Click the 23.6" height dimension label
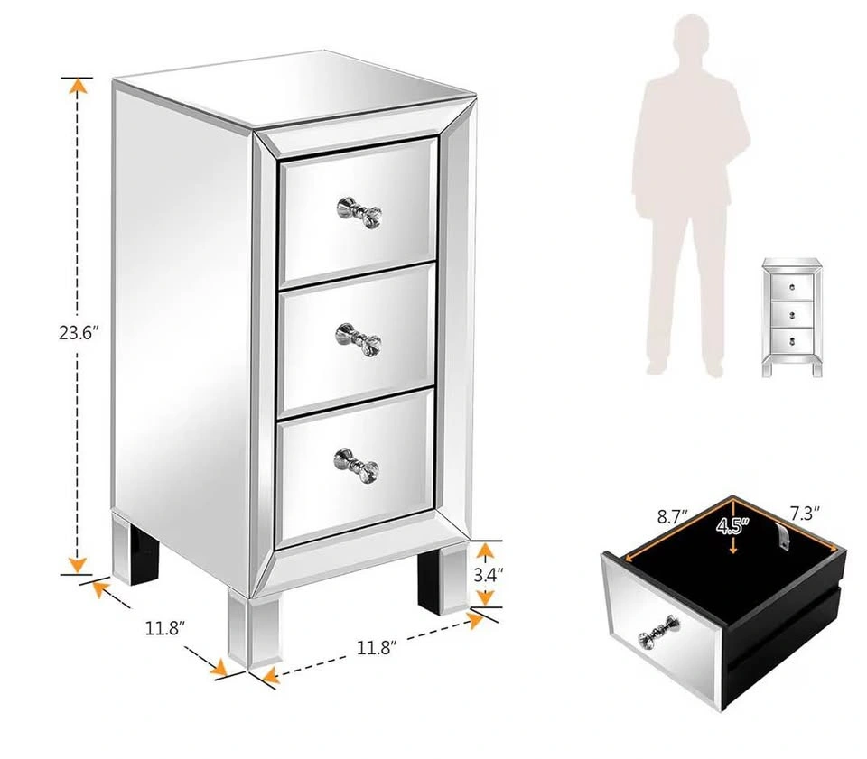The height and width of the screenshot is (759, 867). click(79, 332)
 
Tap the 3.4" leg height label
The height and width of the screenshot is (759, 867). click(489, 575)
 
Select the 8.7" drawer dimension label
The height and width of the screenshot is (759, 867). click(672, 517)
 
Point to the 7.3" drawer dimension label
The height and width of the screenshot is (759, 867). click(804, 514)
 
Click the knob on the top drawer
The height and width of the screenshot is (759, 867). click(359, 211)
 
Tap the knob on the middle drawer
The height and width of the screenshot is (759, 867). click(359, 339)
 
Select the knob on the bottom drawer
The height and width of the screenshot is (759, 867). click(357, 465)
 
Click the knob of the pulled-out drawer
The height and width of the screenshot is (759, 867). click(659, 632)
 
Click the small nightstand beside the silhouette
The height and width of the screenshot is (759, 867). click(792, 317)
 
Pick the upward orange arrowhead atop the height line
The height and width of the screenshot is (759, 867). click(78, 86)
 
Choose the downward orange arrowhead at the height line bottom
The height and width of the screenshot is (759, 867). click(77, 565)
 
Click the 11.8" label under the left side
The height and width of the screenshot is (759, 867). click(164, 628)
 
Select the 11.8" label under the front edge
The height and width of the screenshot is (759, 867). click(377, 647)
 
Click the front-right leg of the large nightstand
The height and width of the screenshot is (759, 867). click(443, 579)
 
